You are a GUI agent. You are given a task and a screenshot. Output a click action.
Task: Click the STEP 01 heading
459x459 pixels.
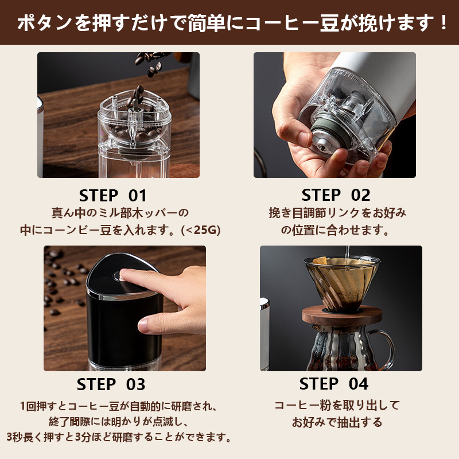tap(112, 196)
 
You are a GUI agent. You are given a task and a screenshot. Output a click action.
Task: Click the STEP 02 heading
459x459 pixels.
tap(336, 195)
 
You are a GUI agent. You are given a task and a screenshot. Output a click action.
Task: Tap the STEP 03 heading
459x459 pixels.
tap(111, 384)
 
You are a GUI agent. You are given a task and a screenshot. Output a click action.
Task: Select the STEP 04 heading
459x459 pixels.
tap(334, 384)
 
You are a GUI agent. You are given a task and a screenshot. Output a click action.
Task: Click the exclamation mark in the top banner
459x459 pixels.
tap(444, 22)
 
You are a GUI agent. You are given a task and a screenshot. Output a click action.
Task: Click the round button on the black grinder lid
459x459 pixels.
tap(118, 276)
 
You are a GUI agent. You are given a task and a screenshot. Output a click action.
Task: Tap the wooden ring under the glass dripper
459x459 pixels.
tap(342, 316)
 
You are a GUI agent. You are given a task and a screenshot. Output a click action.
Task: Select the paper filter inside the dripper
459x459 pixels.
tap(341, 278)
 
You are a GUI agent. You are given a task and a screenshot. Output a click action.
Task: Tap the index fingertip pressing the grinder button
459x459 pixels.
tap(125, 274)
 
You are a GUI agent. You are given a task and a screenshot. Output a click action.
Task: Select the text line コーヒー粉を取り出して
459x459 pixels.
tap(337, 406)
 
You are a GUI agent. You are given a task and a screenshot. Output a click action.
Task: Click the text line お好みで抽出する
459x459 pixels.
tap(337, 422)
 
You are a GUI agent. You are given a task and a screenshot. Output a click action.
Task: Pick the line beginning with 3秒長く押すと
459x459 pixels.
tap(119, 437)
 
